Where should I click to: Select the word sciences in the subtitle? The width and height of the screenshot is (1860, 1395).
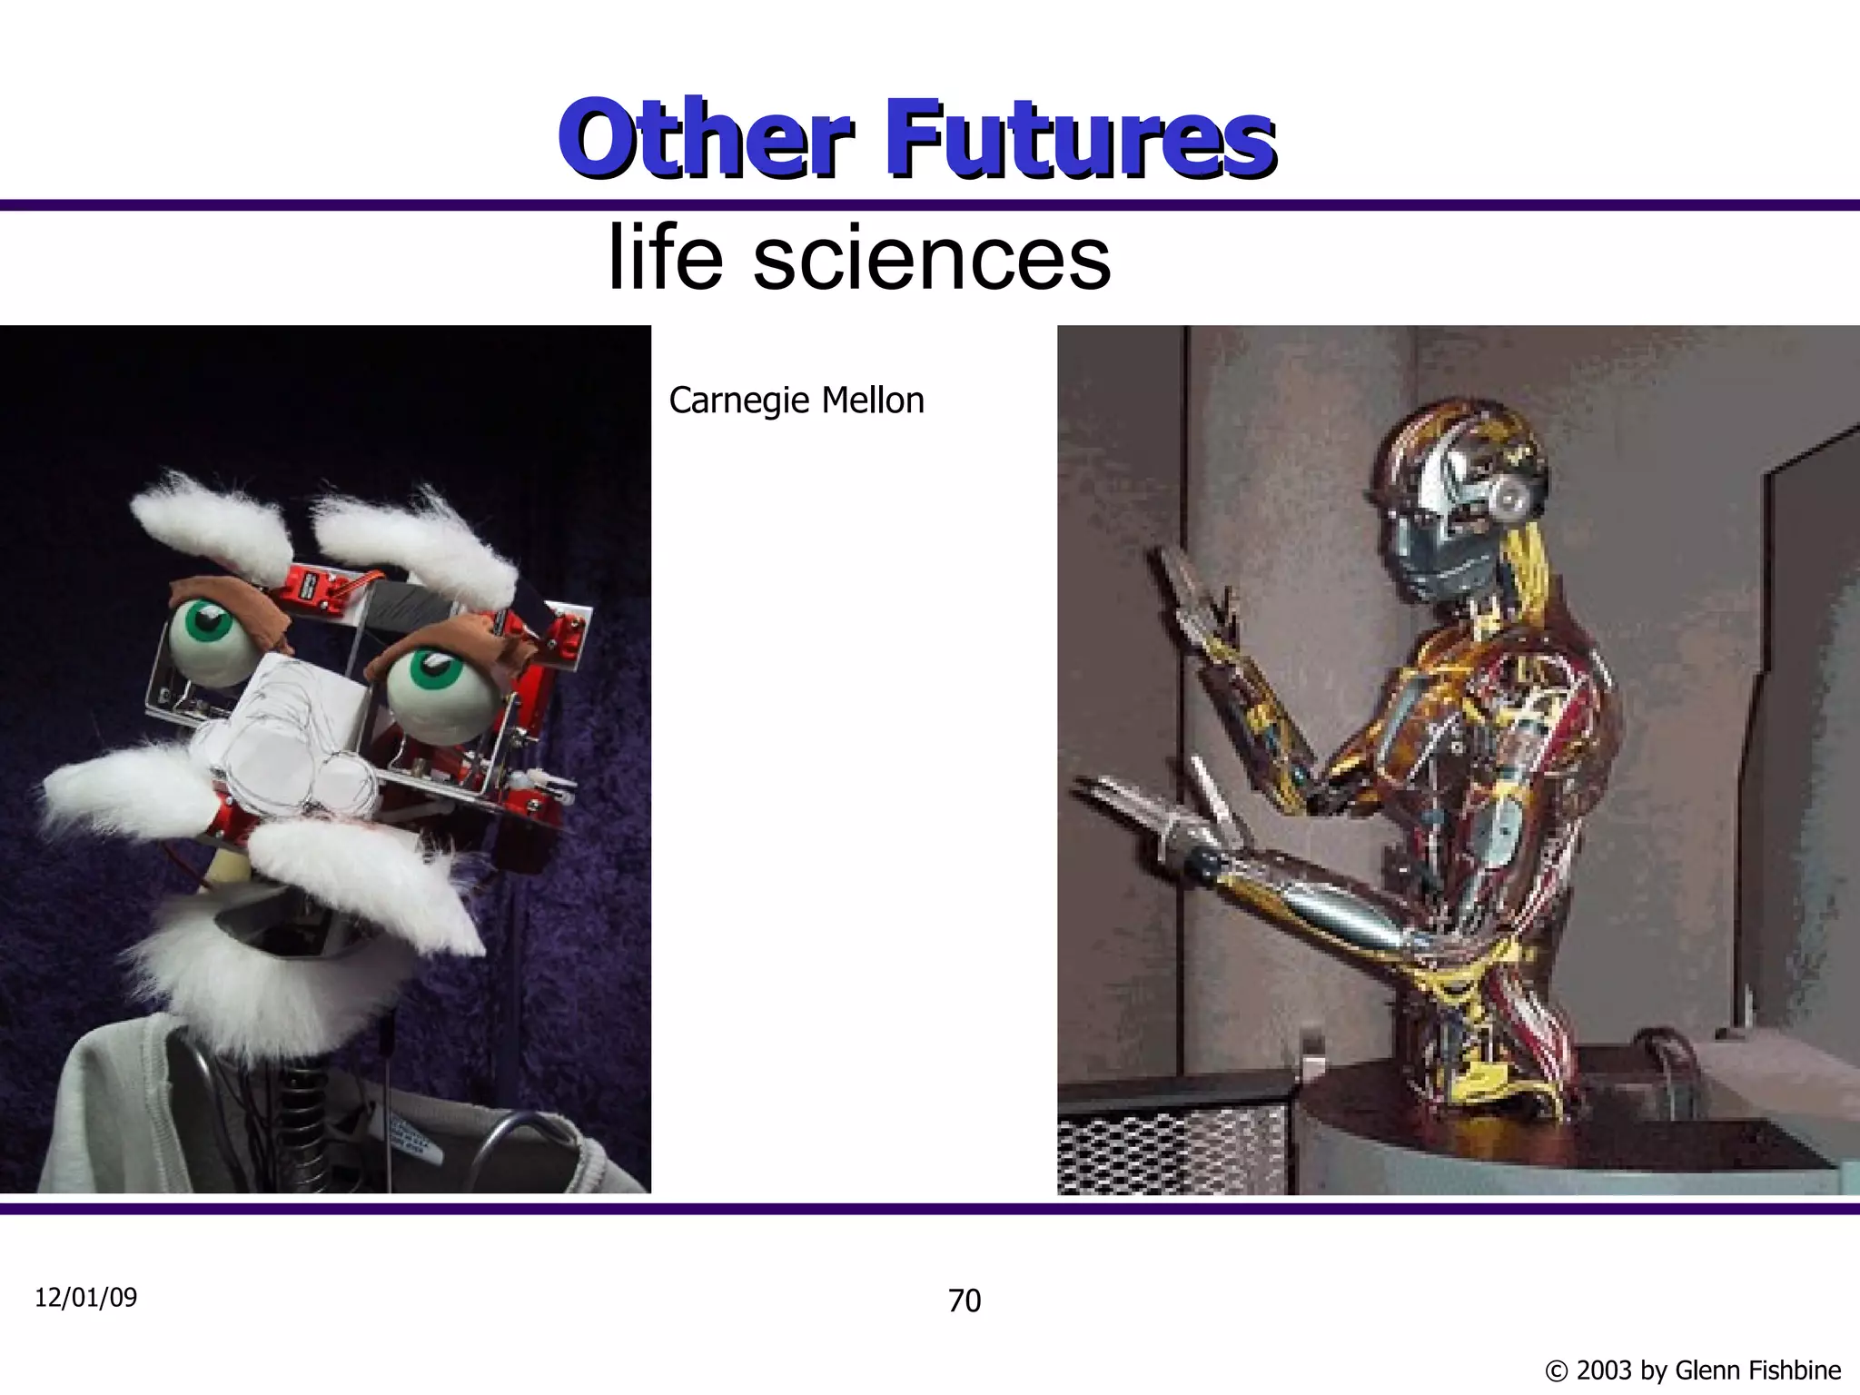[931, 259]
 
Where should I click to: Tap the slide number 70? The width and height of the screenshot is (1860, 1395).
[965, 1301]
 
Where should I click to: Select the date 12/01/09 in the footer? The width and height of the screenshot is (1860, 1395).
[85, 1297]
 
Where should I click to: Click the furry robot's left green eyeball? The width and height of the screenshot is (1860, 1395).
[209, 636]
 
